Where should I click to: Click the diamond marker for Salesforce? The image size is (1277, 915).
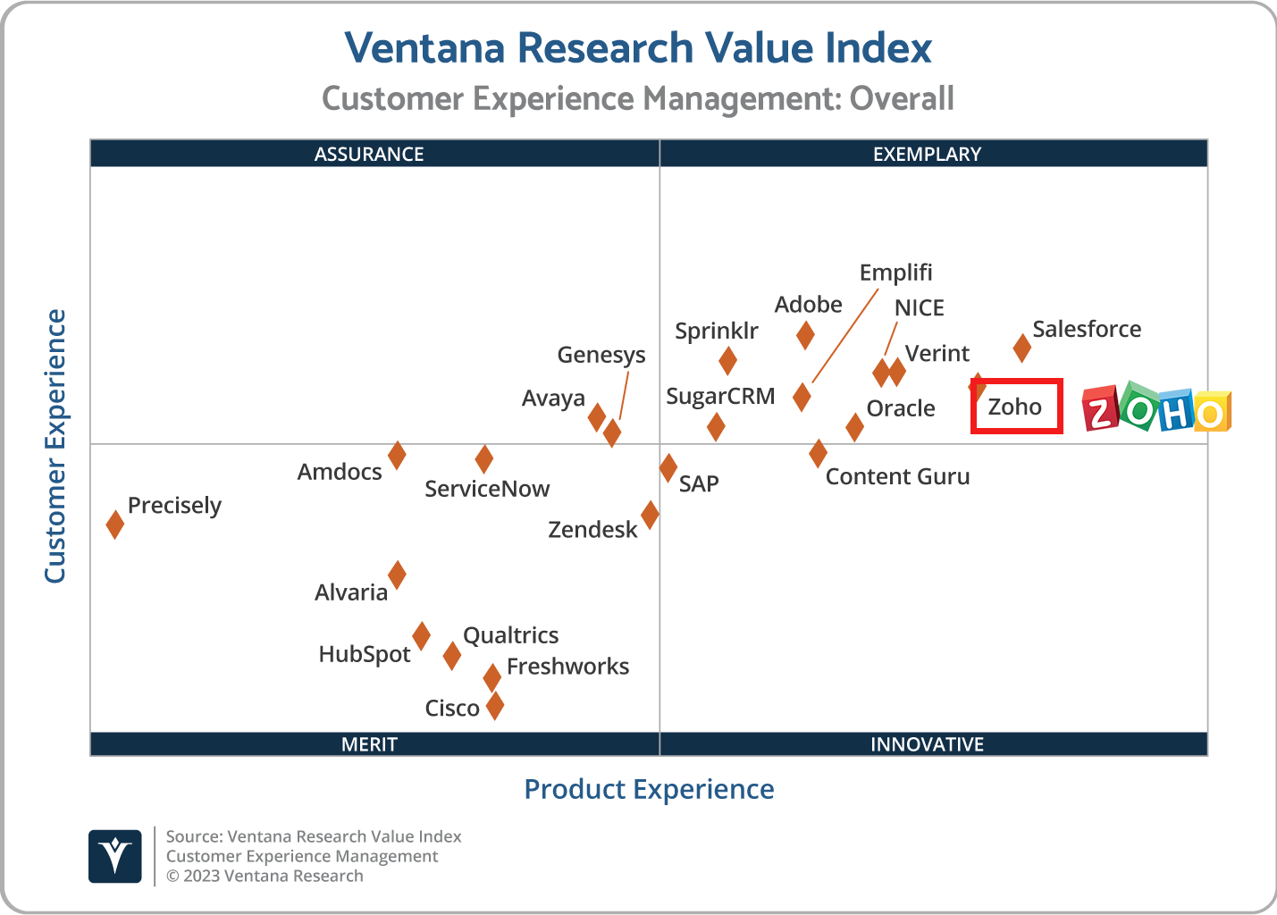click(1021, 348)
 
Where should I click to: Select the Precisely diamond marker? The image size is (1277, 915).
click(114, 525)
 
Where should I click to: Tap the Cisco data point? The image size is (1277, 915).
click(494, 706)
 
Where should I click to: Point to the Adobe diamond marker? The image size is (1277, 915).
click(805, 335)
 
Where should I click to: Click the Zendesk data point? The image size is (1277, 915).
click(650, 515)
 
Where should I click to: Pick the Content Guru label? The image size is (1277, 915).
click(897, 477)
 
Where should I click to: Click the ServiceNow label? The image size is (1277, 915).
click(487, 489)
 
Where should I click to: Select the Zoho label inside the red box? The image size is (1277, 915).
click(1015, 407)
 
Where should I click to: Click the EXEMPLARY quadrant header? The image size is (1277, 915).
click(927, 154)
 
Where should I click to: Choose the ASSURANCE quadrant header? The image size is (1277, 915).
click(369, 154)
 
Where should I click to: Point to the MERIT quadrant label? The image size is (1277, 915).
click(369, 744)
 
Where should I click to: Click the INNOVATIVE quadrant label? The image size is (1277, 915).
click(927, 744)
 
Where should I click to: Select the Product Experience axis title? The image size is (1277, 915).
click(649, 789)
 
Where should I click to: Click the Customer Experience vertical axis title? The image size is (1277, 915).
click(55, 446)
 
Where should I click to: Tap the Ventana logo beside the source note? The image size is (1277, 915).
click(115, 856)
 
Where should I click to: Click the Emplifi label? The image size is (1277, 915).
click(895, 273)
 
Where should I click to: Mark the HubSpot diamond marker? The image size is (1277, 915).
click(421, 636)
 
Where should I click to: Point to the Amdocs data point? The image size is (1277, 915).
click(397, 455)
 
